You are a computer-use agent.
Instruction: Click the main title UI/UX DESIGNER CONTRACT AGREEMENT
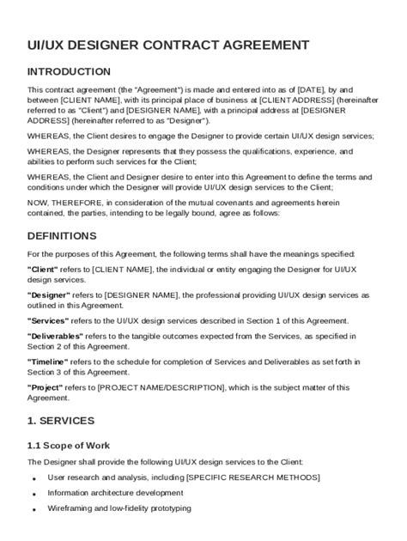tap(168, 44)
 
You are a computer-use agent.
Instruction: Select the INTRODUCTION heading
tap(69, 71)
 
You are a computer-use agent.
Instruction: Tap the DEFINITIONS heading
tap(62, 235)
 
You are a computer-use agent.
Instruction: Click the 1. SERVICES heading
tap(61, 421)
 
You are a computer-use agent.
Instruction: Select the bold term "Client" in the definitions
tap(44, 269)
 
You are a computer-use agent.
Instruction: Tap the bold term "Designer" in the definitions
tap(50, 295)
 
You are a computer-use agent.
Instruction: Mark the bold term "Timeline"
tap(49, 362)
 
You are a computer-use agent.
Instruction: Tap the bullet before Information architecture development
tap(33, 495)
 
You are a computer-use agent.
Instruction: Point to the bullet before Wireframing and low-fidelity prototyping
tap(33, 510)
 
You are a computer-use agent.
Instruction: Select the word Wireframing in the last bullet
tap(69, 508)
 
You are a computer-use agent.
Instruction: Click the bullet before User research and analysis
tap(33, 478)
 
